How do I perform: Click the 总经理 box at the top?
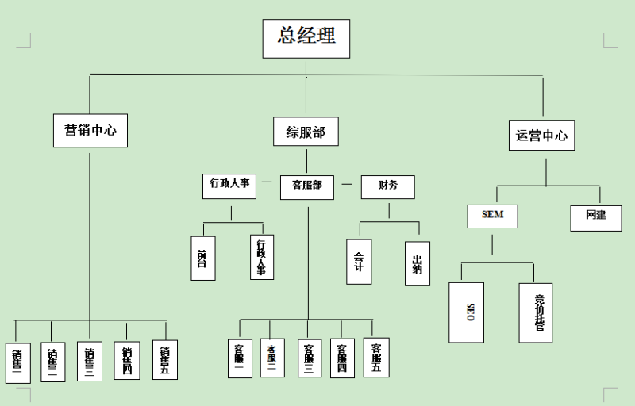pyautogui.click(x=306, y=37)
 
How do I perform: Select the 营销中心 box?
pyautogui.click(x=90, y=130)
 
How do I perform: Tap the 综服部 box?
pyautogui.click(x=306, y=131)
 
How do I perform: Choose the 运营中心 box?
pyautogui.click(x=542, y=134)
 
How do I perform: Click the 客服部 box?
pyautogui.click(x=306, y=186)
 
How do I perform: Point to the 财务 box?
pyautogui.click(x=387, y=186)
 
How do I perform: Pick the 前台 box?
pyautogui.click(x=202, y=258)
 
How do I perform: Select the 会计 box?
pyautogui.click(x=359, y=261)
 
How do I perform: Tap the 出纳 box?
pyautogui.click(x=417, y=262)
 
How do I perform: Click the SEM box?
pyautogui.click(x=492, y=214)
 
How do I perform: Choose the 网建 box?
pyautogui.click(x=595, y=216)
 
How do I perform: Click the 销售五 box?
pyautogui.click(x=164, y=360)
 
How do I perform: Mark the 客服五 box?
pyautogui.click(x=376, y=357)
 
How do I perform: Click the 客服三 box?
pyautogui.click(x=310, y=359)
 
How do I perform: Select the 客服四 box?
pyautogui.click(x=342, y=358)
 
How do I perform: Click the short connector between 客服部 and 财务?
pyautogui.click(x=347, y=185)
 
